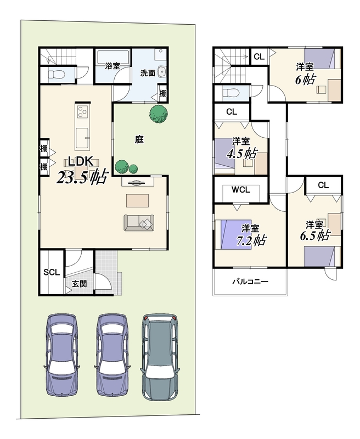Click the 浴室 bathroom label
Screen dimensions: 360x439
tap(113, 66)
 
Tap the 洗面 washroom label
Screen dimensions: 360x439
tap(148, 74)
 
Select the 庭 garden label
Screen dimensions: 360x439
tap(139, 139)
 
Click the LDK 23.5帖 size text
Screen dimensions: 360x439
tap(82, 177)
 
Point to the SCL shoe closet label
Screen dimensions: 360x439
tap(52, 272)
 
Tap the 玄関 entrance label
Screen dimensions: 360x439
tap(80, 284)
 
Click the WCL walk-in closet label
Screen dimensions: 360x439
tap(241, 190)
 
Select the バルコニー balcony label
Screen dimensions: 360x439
tap(250, 281)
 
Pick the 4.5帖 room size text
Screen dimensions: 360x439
tap(242, 154)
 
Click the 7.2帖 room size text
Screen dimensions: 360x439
tap(251, 240)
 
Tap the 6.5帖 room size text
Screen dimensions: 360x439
tap(315, 235)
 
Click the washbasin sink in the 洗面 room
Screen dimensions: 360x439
tap(162, 72)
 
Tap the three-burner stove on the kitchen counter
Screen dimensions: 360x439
tap(82, 112)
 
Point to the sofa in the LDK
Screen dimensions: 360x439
tap(139, 223)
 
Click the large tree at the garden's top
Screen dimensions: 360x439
tap(159, 115)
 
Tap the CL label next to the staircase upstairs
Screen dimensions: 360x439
tap(259, 57)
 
